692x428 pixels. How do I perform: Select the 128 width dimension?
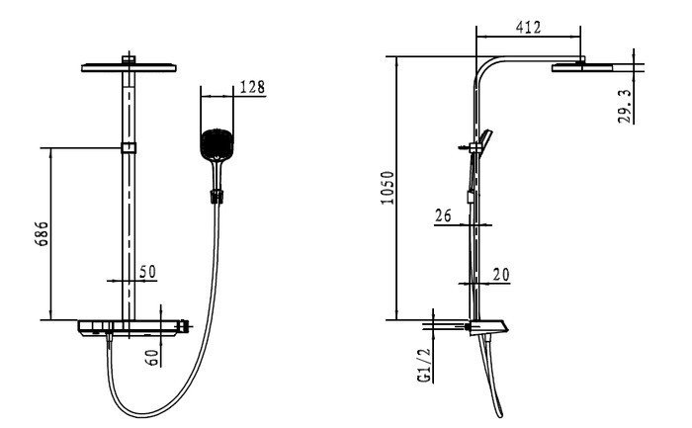(252, 87)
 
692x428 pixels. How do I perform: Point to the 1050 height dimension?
(388, 189)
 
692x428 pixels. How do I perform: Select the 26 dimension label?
(443, 214)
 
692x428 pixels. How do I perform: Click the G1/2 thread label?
(423, 365)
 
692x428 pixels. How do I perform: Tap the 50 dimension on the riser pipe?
(148, 271)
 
